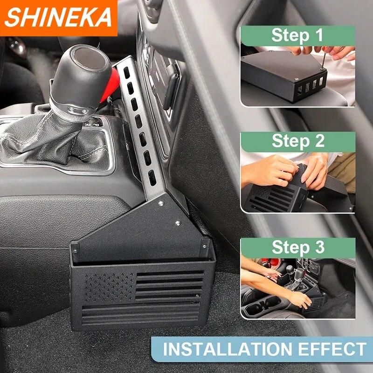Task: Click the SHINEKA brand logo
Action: (x=58, y=18)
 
